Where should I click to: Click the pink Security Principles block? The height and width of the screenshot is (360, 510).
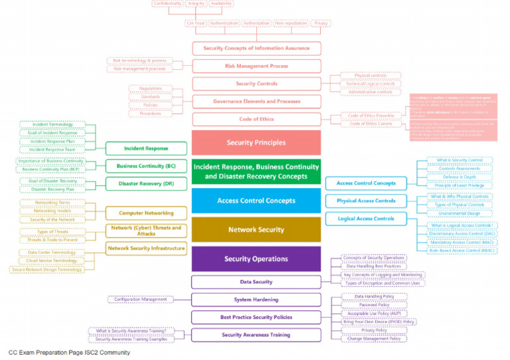(x=256, y=143)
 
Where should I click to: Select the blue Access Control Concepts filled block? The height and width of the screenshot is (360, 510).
(x=256, y=201)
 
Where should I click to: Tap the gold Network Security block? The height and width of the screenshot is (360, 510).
(x=256, y=230)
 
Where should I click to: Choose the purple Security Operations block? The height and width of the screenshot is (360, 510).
(x=256, y=259)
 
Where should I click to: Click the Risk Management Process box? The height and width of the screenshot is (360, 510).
(x=256, y=66)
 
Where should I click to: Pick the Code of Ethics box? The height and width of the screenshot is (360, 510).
(x=256, y=120)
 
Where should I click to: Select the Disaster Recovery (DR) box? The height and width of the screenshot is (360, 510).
(x=146, y=184)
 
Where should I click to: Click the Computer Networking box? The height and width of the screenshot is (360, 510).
(x=146, y=213)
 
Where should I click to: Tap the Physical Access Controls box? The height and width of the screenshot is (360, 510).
(x=366, y=201)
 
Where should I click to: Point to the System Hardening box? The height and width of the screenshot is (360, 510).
(x=256, y=300)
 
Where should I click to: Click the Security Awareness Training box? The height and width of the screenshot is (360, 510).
(x=256, y=335)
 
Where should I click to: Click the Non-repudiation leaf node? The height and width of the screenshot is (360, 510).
(x=290, y=23)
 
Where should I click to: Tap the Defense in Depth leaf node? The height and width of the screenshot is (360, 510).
(x=455, y=177)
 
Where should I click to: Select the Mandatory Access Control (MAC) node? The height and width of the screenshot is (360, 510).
(x=456, y=242)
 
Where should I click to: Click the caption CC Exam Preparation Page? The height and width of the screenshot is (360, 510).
(x=46, y=353)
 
